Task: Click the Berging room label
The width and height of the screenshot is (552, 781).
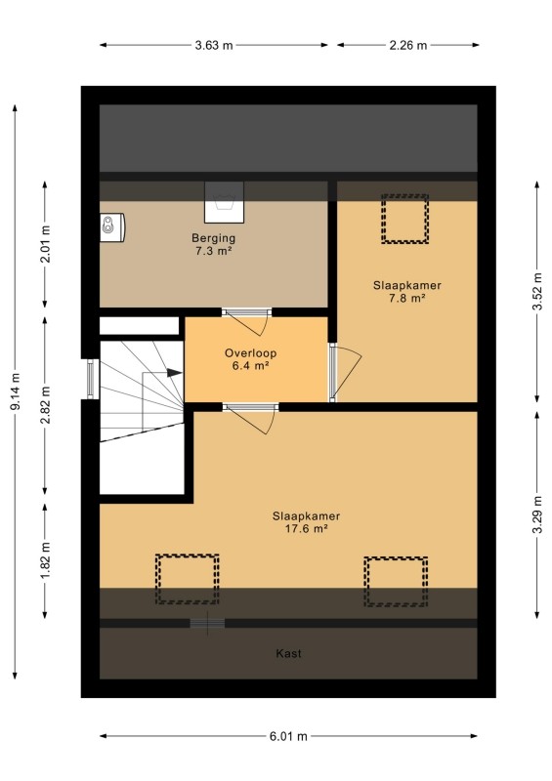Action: [213, 238]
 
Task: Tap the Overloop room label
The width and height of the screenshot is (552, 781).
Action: [250, 353]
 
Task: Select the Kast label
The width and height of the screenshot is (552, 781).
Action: [289, 653]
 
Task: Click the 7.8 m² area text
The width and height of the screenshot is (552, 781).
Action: [406, 299]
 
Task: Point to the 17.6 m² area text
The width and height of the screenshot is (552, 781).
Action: [306, 528]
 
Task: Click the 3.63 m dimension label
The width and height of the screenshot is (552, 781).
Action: [213, 45]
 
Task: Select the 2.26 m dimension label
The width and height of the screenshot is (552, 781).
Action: [407, 45]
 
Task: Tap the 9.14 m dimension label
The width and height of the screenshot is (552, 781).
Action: [16, 391]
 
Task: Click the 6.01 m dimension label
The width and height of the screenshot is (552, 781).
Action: [288, 736]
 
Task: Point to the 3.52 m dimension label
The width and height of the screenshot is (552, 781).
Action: [537, 291]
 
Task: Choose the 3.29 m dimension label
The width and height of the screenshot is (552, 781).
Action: [537, 514]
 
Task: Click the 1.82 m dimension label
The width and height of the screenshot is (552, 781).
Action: [45, 560]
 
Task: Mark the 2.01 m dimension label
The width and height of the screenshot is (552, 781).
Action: [45, 243]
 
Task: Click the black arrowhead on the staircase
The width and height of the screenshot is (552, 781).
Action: [174, 372]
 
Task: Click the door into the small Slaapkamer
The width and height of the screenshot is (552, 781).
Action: [344, 372]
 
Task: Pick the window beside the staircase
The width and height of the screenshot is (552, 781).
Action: [90, 379]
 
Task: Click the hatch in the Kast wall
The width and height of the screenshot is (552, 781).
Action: [207, 623]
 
